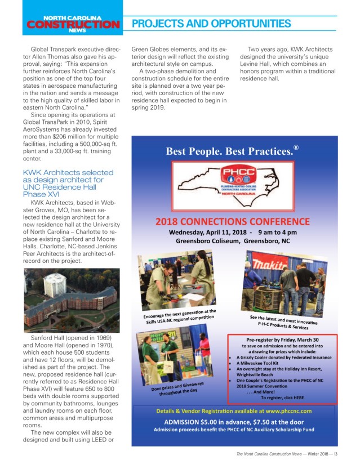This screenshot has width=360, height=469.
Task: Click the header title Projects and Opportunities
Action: pos(211,24)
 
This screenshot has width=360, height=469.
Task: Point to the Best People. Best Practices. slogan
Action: pos(229,152)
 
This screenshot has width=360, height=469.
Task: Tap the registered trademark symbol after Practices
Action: pos(295,148)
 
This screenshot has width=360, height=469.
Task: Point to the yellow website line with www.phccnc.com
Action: pos(233,411)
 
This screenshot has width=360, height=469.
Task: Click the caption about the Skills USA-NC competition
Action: pos(179,315)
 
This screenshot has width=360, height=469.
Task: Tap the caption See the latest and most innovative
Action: pos(283,321)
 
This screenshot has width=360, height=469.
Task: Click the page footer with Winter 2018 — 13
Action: pos(287,454)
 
